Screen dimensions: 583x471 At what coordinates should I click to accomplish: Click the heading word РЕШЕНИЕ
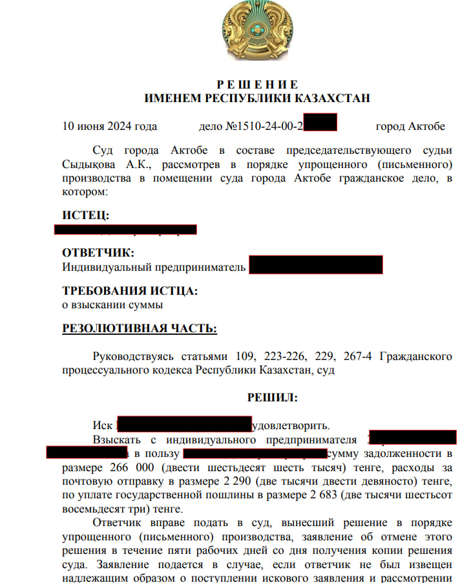[x=256, y=85]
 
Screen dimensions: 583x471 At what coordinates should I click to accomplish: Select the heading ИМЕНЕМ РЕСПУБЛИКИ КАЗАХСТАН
[x=256, y=98]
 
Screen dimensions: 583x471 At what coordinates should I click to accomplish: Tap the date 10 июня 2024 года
[x=109, y=126]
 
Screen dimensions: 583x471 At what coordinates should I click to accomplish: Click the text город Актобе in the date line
[x=410, y=126]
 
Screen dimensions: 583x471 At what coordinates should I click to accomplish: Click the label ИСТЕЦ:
[x=85, y=215]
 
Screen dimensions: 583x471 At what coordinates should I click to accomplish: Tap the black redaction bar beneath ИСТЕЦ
[x=125, y=229]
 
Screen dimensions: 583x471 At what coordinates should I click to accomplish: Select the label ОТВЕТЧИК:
[x=98, y=253]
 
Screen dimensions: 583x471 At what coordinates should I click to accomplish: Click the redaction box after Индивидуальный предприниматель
[x=315, y=265]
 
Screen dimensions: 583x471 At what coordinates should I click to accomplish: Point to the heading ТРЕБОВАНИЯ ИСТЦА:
[x=129, y=291]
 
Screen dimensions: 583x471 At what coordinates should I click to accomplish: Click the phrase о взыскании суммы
[x=112, y=304]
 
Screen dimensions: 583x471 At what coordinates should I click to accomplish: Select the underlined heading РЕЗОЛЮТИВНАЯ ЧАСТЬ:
[x=139, y=328]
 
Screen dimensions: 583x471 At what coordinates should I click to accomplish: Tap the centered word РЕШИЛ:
[x=272, y=397]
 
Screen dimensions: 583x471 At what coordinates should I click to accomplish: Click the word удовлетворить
[x=291, y=425]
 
